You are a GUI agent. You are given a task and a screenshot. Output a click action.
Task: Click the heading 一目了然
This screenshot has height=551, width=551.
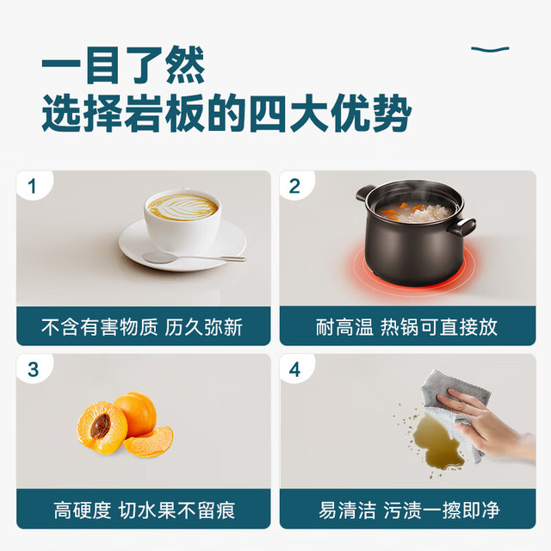[123, 65]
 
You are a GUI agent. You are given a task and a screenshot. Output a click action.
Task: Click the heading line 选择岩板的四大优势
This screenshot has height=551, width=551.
[226, 113]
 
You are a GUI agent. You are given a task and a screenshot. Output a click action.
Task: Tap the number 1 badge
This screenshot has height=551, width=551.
[33, 186]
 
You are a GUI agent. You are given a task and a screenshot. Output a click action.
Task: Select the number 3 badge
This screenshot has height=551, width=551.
[33, 369]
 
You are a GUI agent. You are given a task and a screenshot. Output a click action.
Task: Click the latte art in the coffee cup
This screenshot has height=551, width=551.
[183, 207]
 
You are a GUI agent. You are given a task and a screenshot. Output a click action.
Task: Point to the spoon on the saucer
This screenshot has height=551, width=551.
[194, 257]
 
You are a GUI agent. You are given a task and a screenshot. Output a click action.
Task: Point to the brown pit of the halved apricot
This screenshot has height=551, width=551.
[100, 426]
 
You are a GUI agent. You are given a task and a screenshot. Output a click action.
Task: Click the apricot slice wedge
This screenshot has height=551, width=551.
[149, 442]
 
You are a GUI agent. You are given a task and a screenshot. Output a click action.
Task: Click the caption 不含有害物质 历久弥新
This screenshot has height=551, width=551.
[142, 327]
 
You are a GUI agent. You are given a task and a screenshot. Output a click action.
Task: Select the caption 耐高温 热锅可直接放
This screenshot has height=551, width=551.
[407, 327]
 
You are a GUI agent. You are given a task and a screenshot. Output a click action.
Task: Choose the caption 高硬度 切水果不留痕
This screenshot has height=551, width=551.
[145, 511]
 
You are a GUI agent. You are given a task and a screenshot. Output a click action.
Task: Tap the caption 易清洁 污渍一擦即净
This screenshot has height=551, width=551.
[409, 511]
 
